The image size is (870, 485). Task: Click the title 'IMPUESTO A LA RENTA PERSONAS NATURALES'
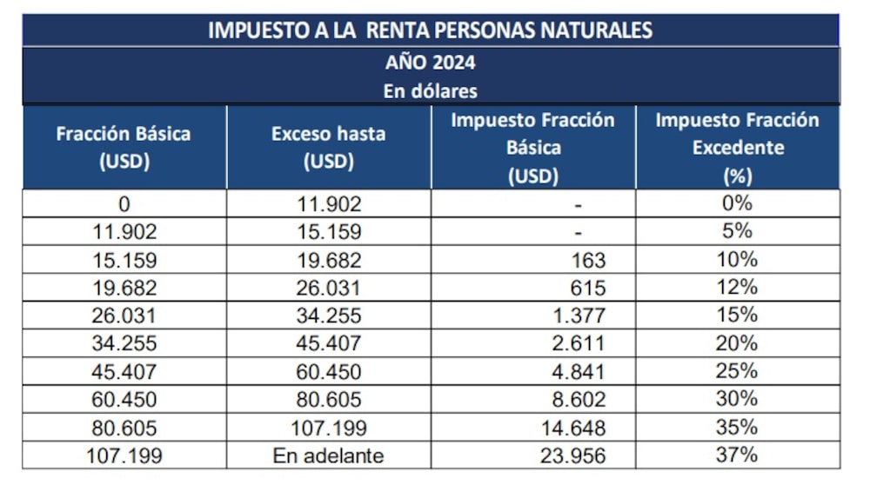[x=430, y=30]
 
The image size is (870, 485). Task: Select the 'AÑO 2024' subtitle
[x=430, y=63]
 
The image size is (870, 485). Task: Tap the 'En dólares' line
[x=430, y=90]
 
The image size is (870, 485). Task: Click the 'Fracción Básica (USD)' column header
[x=124, y=148]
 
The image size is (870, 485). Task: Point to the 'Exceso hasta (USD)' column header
[x=328, y=148]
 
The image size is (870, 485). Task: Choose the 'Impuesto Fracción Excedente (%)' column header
[x=737, y=148]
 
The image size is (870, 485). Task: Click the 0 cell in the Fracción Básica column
[x=124, y=204]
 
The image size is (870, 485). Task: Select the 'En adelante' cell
[x=328, y=455]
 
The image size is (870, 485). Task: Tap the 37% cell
[x=737, y=455]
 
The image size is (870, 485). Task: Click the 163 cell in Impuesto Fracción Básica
[x=590, y=260]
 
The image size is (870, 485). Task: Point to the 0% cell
[x=737, y=204]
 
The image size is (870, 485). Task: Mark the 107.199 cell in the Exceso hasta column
[x=328, y=427]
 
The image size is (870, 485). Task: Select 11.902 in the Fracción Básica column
[x=124, y=232]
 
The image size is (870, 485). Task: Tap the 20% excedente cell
[x=737, y=343]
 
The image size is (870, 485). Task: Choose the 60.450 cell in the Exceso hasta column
[x=328, y=371]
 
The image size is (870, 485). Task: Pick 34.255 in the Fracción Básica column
[x=124, y=343]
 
